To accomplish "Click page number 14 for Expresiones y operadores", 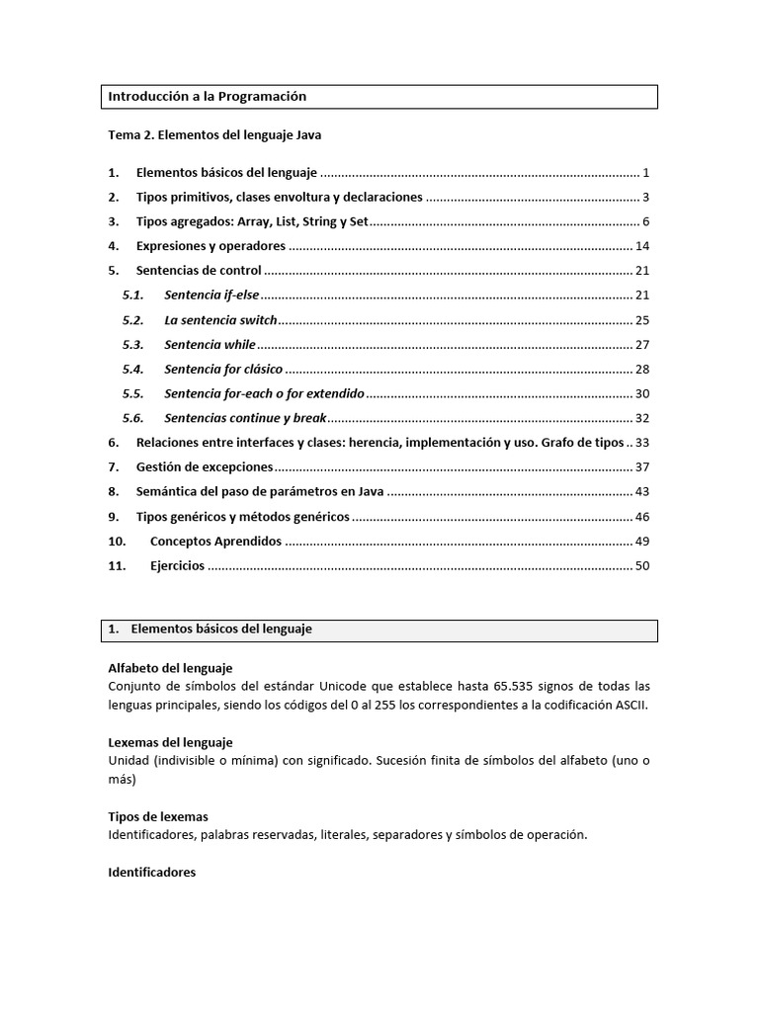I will (x=641, y=246).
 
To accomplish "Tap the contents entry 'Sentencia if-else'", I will (x=211, y=295).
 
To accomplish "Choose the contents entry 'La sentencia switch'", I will (x=220, y=320).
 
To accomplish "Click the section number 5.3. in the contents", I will (x=133, y=345).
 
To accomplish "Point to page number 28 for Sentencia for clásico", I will (x=641, y=370).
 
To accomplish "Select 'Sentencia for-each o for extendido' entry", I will (x=264, y=394).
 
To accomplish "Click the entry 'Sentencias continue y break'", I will (x=245, y=419).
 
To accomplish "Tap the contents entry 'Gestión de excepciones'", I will (x=204, y=467).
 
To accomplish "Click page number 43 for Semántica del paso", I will (x=641, y=492).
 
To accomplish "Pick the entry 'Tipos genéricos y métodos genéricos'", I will (x=242, y=517).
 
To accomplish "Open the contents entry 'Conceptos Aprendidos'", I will (x=215, y=542).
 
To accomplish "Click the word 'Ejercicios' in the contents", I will (x=177, y=566).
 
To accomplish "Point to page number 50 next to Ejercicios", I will (x=641, y=566).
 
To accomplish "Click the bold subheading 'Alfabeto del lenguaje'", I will (x=170, y=669).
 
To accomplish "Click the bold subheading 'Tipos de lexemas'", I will (x=158, y=816).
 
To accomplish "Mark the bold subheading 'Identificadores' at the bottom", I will (x=152, y=873).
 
